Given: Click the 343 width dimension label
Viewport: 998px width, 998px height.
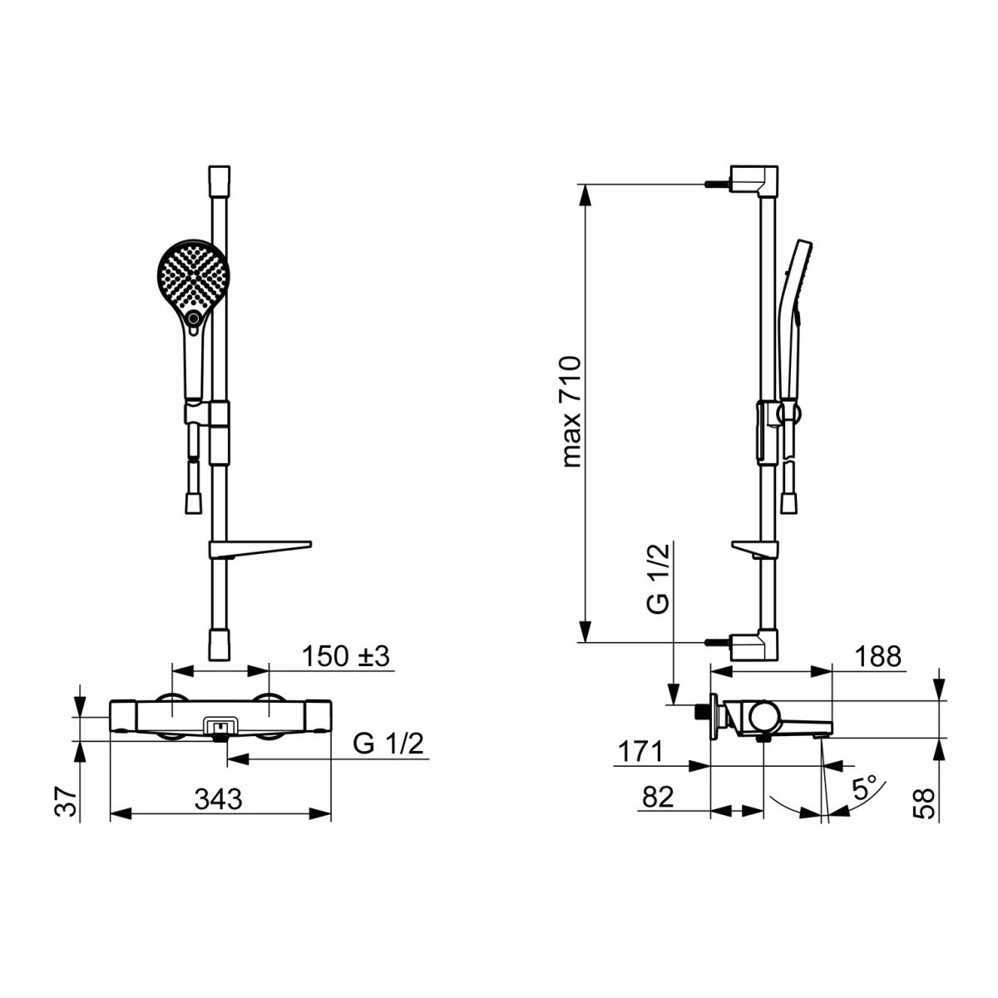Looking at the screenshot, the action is (x=218, y=799).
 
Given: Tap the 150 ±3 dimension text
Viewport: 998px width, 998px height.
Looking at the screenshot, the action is (x=345, y=657).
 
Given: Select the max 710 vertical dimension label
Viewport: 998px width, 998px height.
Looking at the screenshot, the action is (x=572, y=413).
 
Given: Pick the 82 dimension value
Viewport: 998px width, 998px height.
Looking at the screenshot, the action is (x=658, y=798).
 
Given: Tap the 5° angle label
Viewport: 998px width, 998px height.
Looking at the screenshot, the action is (x=864, y=788).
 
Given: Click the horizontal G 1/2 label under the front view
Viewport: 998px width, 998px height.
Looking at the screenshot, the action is (x=388, y=744).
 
